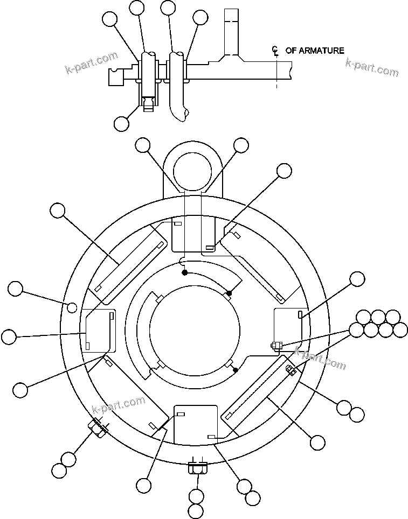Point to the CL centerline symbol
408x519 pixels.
(x=275, y=51)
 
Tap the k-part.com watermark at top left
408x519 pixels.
(x=91, y=61)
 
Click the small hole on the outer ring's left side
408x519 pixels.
(x=72, y=307)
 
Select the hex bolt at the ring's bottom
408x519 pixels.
(x=197, y=467)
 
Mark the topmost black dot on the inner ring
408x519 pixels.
(x=184, y=273)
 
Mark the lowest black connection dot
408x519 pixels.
(x=236, y=369)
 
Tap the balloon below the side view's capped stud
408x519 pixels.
(x=122, y=123)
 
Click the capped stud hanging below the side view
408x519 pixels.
(x=148, y=102)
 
